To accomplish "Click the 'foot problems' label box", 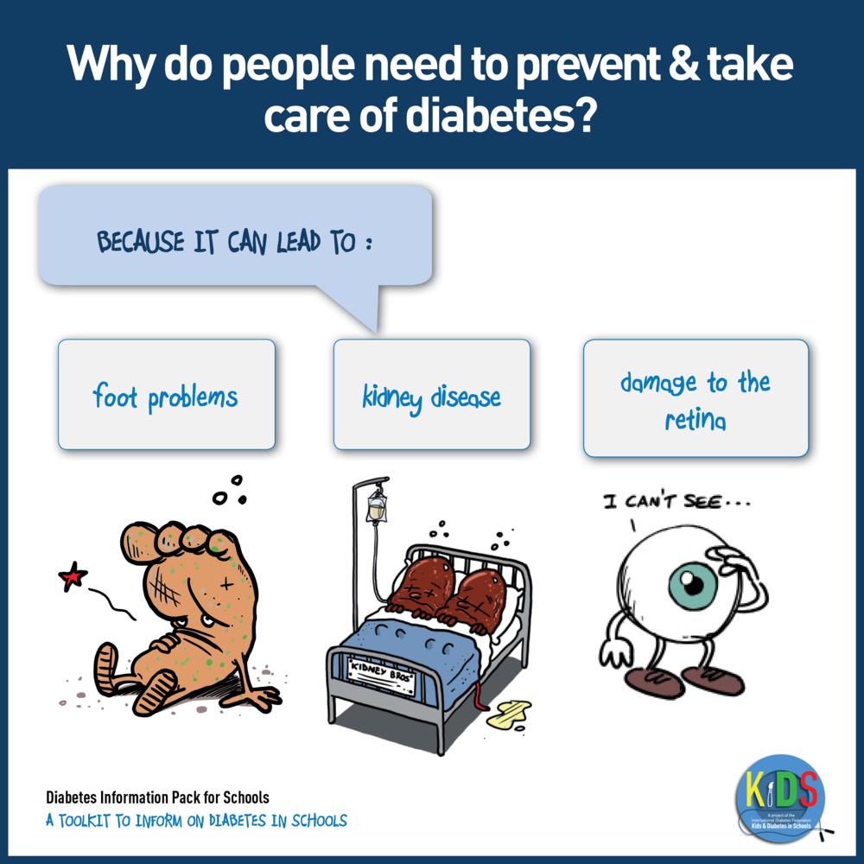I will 166,394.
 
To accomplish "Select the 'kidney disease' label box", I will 431,394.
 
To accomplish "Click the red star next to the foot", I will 73,575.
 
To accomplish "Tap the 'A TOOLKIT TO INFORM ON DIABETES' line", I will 196,819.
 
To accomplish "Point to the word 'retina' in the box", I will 696,421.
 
